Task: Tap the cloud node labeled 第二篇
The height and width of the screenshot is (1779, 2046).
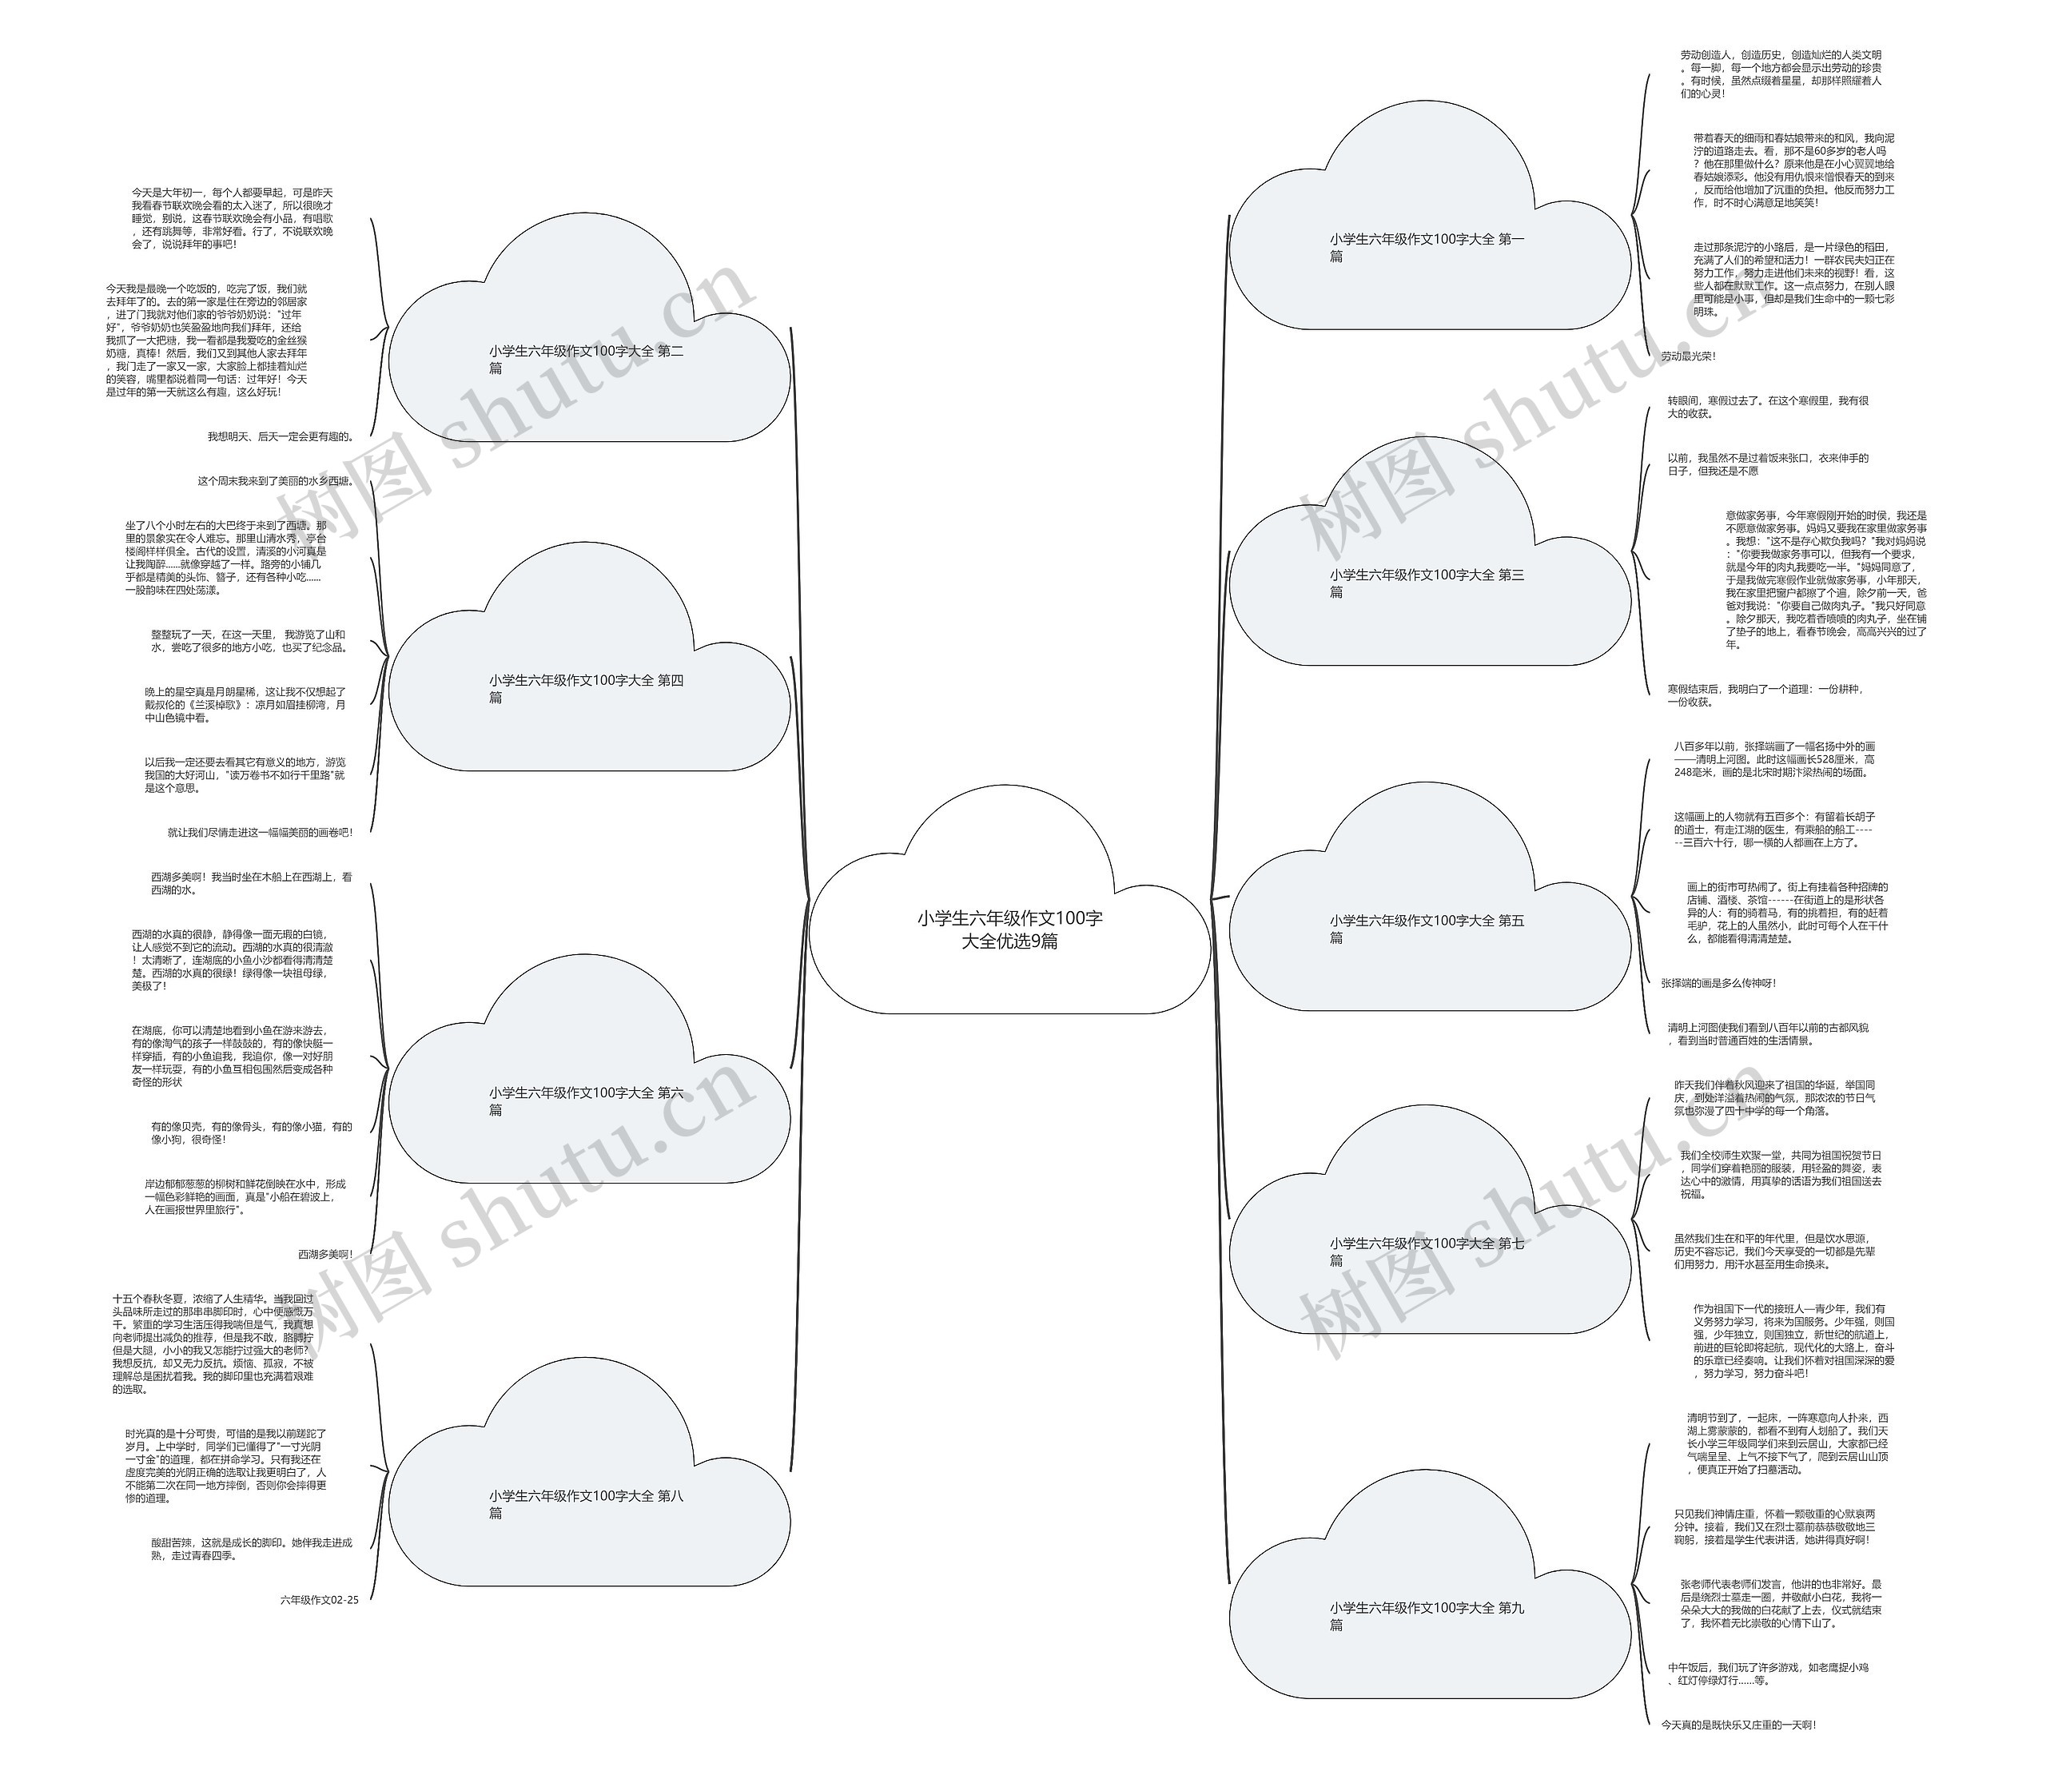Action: pyautogui.click(x=587, y=360)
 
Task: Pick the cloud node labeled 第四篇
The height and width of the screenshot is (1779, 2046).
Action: pyautogui.click(x=587, y=689)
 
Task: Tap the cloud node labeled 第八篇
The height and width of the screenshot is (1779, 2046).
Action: pyautogui.click(x=587, y=1504)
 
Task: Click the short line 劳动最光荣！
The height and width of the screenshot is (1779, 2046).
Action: pyautogui.click(x=1688, y=356)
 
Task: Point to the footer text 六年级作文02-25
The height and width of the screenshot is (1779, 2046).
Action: pyautogui.click(x=319, y=1599)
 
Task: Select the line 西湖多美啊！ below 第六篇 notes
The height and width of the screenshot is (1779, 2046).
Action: pyautogui.click(x=324, y=1255)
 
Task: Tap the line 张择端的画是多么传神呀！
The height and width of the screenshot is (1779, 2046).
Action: pyautogui.click(x=1718, y=984)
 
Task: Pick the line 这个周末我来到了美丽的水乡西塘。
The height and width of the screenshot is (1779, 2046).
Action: pyautogui.click(x=275, y=481)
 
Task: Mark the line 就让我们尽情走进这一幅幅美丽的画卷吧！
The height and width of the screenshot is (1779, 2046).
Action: pyautogui.click(x=259, y=833)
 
